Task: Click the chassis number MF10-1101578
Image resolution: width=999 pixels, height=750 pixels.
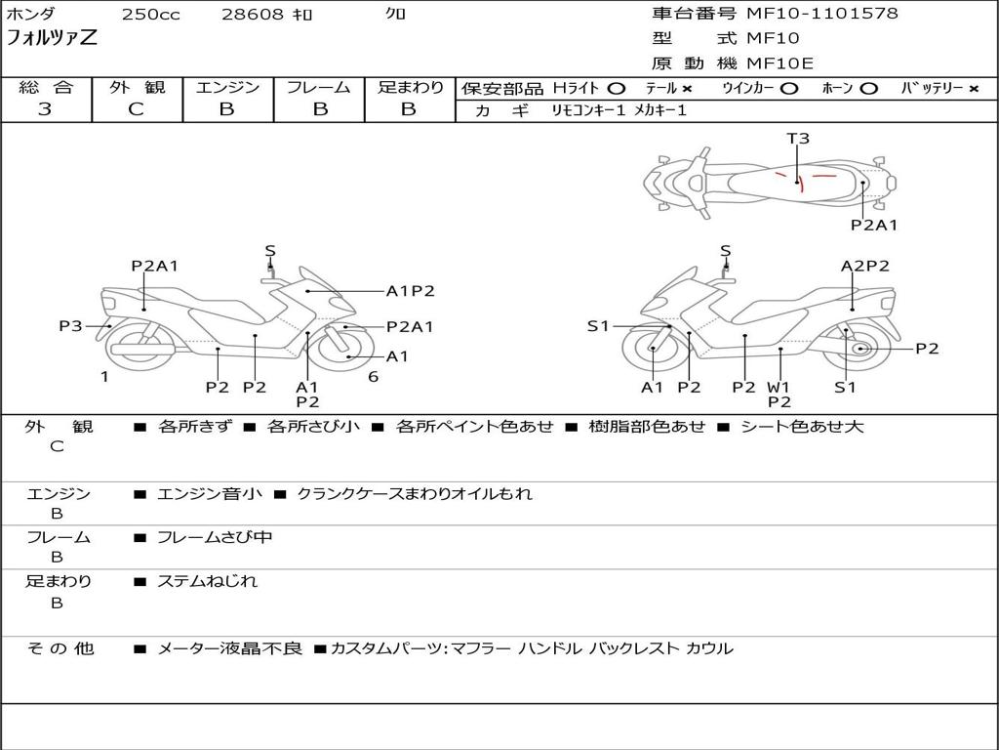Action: click(822, 14)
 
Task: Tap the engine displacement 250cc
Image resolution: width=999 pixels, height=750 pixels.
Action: click(150, 15)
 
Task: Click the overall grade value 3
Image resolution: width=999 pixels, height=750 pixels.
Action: click(45, 109)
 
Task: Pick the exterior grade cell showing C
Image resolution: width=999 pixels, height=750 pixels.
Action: click(136, 109)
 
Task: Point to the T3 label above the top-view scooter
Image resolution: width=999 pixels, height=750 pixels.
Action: click(798, 139)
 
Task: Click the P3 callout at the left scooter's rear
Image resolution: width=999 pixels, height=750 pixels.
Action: click(70, 326)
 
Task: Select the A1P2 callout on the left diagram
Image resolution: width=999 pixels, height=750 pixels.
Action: click(410, 290)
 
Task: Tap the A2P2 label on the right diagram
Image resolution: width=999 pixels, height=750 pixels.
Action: click(865, 266)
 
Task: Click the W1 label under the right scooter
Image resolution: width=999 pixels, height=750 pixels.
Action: click(779, 387)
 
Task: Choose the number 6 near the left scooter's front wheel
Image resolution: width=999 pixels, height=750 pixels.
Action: click(373, 376)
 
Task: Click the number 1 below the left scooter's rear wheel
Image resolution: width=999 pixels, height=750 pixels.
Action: click(104, 376)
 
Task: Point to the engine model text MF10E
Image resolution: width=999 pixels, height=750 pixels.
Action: click(780, 63)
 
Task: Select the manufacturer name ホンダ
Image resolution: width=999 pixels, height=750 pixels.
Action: click(31, 15)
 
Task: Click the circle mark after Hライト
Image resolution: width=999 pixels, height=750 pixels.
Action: click(617, 88)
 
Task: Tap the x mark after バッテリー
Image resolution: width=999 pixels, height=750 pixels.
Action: click(974, 88)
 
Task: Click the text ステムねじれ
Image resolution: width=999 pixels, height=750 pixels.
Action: click(208, 581)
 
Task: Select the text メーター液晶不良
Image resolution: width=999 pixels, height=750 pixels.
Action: click(230, 648)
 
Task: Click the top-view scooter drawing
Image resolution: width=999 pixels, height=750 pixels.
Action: click(769, 181)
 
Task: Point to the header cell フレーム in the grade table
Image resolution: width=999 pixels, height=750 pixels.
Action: click(318, 88)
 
